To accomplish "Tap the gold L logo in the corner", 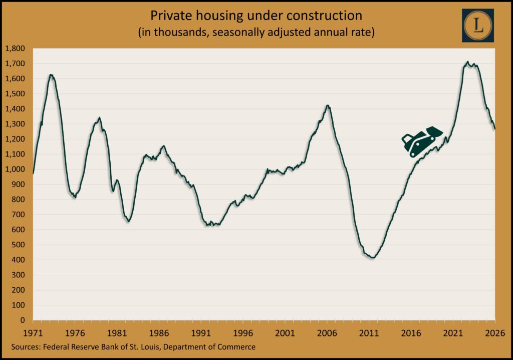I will tap(477, 25).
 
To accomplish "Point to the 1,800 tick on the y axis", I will tap(18, 49).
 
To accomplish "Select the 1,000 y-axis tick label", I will tap(18, 169).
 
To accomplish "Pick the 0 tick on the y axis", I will tap(26, 320).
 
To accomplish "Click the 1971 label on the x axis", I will tap(33, 332).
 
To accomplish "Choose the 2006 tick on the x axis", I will tap(327, 332).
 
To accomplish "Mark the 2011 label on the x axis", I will tap(369, 332).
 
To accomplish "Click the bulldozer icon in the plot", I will tap(422, 141).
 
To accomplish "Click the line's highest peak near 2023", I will tap(467, 62).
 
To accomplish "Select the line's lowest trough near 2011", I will tap(371, 258).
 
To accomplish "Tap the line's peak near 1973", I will tap(51, 75).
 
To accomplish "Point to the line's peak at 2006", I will tap(327, 105).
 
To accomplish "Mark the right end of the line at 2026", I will tap(495, 129).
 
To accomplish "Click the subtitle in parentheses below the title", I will tap(256, 33).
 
